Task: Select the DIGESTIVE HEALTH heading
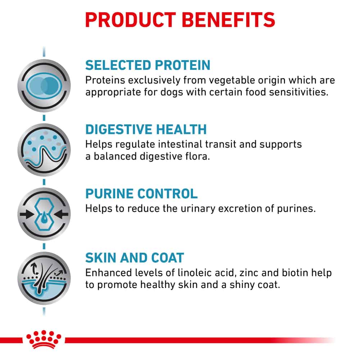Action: point(146,129)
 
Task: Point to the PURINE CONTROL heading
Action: point(141,194)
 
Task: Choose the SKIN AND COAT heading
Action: point(135,258)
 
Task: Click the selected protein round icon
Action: point(44,86)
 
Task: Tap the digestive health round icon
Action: point(44,150)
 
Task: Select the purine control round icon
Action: point(44,214)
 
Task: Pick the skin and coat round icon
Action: point(44,278)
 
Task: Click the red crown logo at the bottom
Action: point(44,339)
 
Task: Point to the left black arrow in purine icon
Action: point(27,215)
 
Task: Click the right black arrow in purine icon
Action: point(61,215)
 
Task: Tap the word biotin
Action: point(295,273)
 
